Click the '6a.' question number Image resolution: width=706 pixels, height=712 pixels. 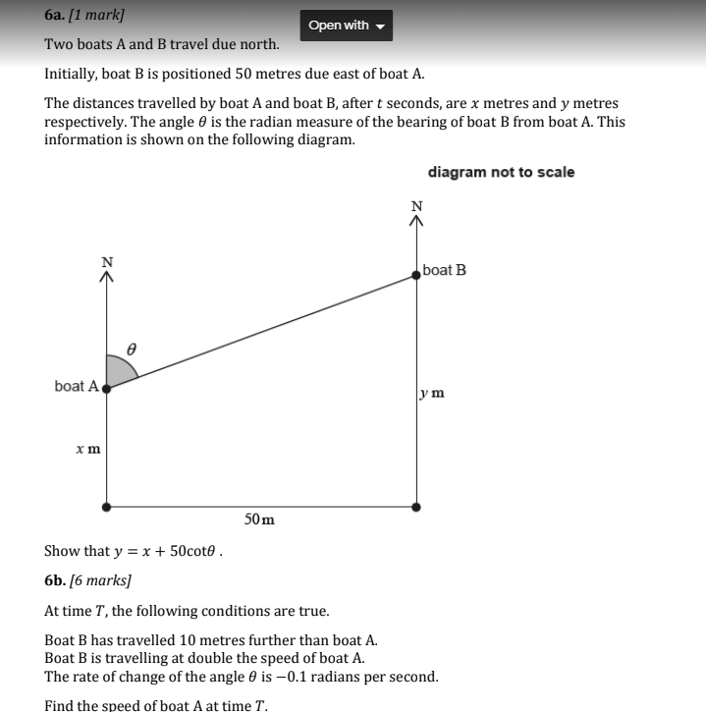55,17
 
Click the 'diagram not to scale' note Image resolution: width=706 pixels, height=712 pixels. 501,172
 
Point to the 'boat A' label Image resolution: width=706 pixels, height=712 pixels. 76,386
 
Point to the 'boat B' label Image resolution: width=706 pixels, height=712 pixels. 444,270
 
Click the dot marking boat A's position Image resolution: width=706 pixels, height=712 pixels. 106,388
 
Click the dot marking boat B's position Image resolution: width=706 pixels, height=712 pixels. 416,276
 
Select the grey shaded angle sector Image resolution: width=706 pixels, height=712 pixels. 119,371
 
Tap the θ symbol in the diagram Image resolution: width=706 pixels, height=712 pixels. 132,348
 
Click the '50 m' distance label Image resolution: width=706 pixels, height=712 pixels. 259,519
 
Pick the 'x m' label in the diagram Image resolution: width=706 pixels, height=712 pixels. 87,449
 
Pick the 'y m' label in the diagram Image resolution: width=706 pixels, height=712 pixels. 431,393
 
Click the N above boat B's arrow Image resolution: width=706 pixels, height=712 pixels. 416,205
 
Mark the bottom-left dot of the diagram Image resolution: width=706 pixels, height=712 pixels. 106,507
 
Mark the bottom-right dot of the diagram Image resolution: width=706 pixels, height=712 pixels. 416,507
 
